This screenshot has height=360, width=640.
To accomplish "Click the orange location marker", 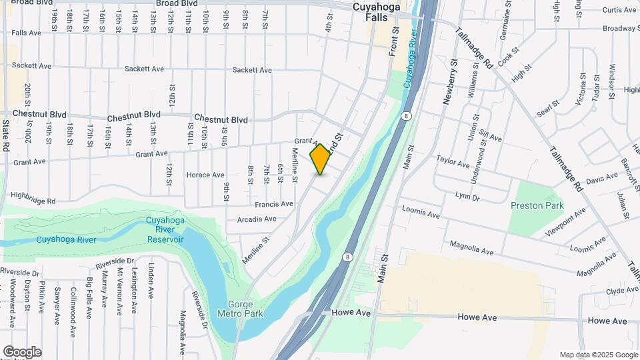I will [321, 159].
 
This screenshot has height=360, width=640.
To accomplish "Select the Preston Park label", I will [537, 205].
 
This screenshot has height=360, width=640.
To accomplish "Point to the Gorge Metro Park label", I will [240, 308].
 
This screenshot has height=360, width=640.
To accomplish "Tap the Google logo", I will [22, 352].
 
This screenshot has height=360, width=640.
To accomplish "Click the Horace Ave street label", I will [205, 175].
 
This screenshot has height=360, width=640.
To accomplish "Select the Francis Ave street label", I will [274, 204].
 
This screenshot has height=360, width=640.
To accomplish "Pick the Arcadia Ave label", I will [257, 219].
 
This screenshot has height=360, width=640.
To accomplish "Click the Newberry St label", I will [451, 81].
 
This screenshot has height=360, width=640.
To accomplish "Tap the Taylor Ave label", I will [453, 161].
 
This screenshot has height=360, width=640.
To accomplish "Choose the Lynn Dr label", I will [467, 197].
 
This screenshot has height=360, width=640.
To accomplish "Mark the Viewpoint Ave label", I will [565, 221].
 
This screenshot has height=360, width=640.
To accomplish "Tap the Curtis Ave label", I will [619, 10].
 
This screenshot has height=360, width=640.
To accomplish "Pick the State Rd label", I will [5, 135].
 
